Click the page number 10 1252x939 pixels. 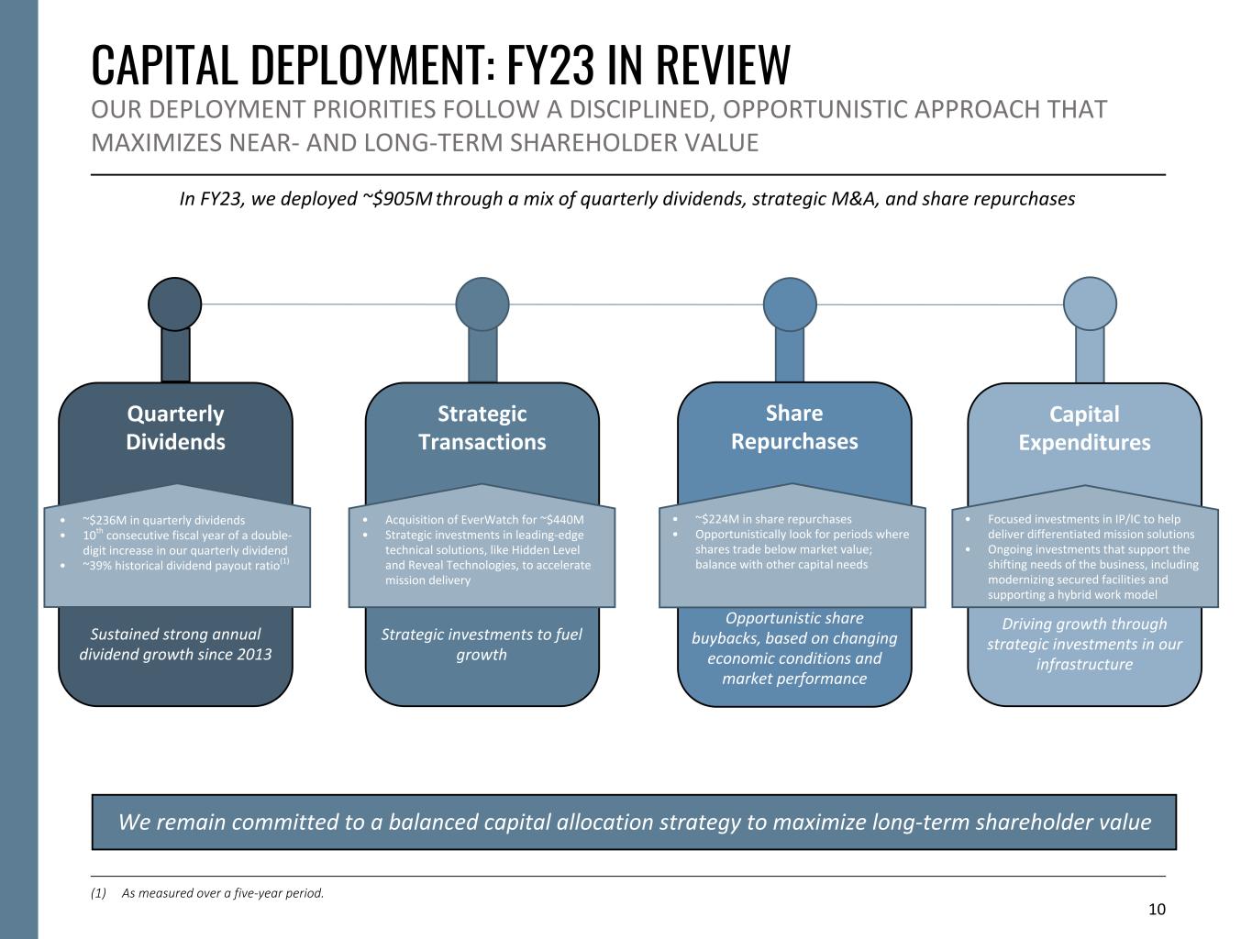pyautogui.click(x=1157, y=910)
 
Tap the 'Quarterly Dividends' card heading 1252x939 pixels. pyautogui.click(x=175, y=427)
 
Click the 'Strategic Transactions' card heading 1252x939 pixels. pyautogui.click(x=482, y=427)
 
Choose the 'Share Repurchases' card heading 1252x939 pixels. pyautogui.click(x=794, y=426)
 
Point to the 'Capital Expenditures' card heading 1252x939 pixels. pyautogui.click(x=1084, y=428)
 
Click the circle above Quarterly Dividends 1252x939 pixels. pyautogui.click(x=174, y=304)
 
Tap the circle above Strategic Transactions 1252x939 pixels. pyautogui.click(x=482, y=304)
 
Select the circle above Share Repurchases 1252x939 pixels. pyautogui.click(x=790, y=304)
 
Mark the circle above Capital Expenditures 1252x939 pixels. pyautogui.click(x=1090, y=304)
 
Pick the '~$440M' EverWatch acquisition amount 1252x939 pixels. pyautogui.click(x=561, y=519)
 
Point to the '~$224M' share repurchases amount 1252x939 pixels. pyautogui.click(x=717, y=519)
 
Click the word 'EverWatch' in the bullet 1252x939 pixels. pyautogui.click(x=486, y=519)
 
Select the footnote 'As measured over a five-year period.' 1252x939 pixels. pyautogui.click(x=223, y=893)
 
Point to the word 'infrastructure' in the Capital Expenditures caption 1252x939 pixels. pyautogui.click(x=1084, y=664)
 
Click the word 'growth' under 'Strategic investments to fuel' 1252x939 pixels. pyautogui.click(x=482, y=655)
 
